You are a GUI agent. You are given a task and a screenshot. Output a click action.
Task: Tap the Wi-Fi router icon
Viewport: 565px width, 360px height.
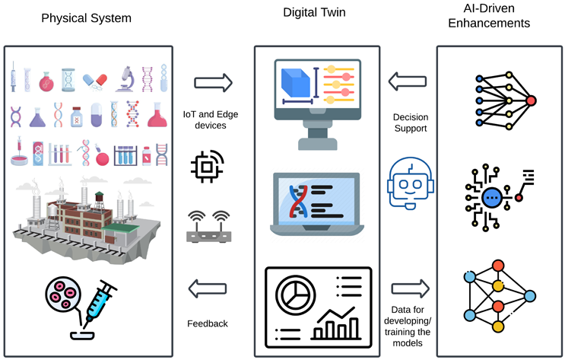pos(208,226)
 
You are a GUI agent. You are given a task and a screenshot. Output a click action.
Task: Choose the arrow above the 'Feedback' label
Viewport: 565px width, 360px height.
pos(207,288)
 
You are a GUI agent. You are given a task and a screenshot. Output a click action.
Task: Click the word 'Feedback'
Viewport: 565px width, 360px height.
pos(207,323)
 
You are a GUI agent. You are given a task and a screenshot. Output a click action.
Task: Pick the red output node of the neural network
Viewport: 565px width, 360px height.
pos(531,100)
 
